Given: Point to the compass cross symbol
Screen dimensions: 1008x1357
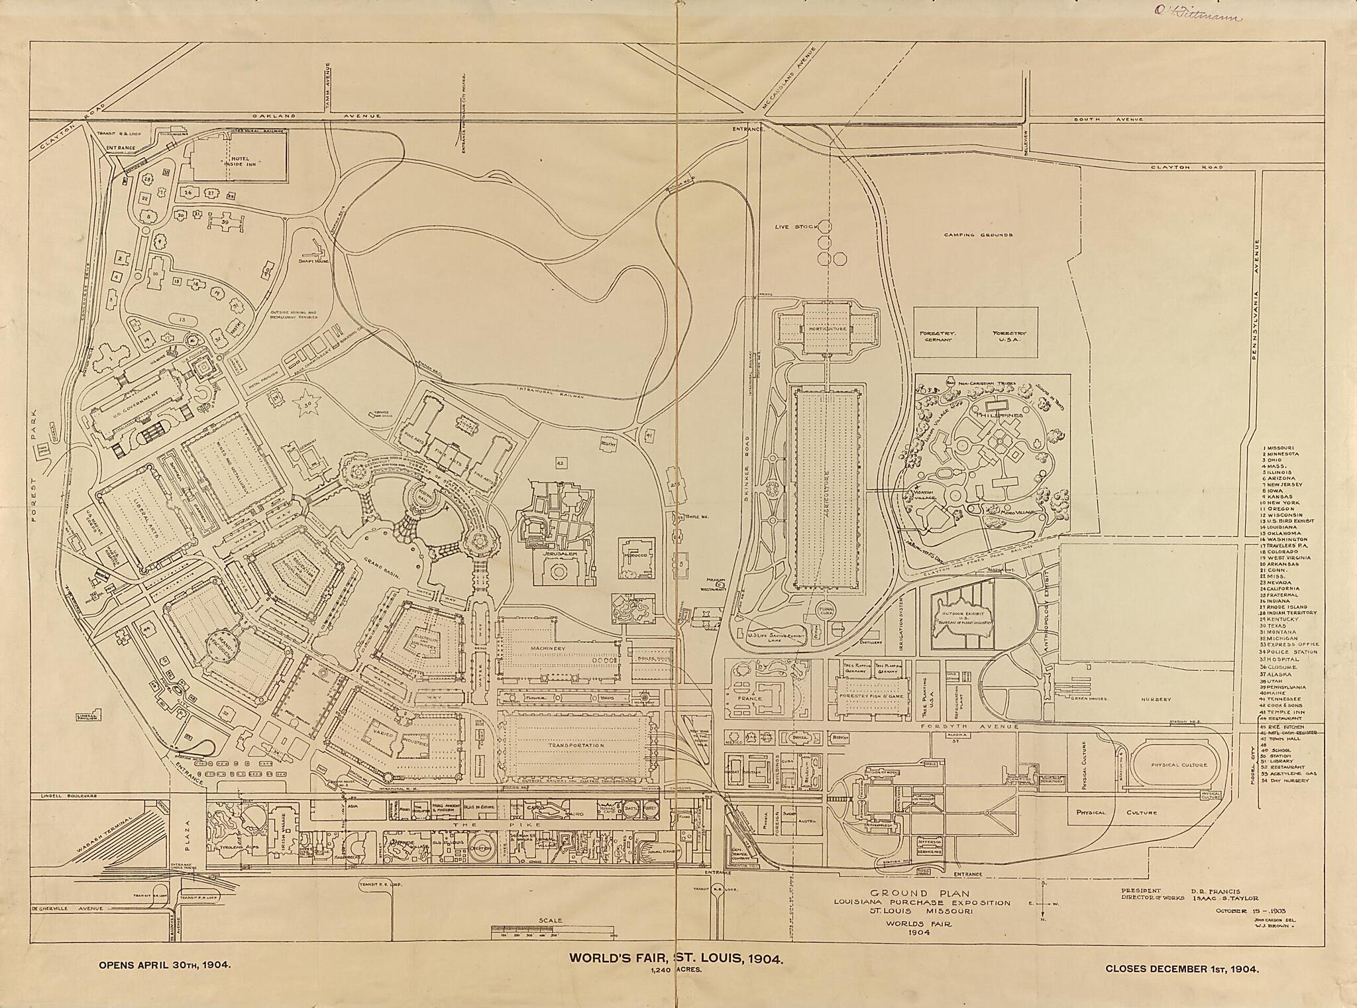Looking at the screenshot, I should coord(1043,904).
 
